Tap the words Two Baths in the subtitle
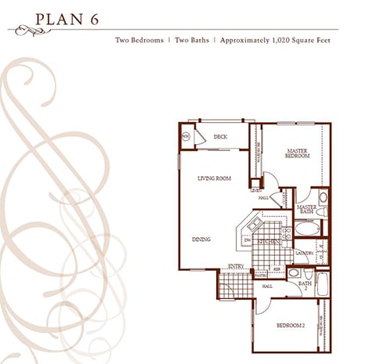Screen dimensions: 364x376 (189, 38)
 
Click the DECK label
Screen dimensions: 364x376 (220, 137)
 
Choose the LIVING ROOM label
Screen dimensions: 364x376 (214, 178)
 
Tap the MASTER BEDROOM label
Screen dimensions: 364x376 (297, 153)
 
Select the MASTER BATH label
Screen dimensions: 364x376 (306, 209)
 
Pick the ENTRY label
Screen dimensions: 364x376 (235, 266)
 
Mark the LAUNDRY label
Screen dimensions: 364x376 (304, 253)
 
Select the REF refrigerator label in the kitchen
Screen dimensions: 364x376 (277, 268)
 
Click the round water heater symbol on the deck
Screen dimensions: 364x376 (186, 137)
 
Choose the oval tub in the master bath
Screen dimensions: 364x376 (305, 232)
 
